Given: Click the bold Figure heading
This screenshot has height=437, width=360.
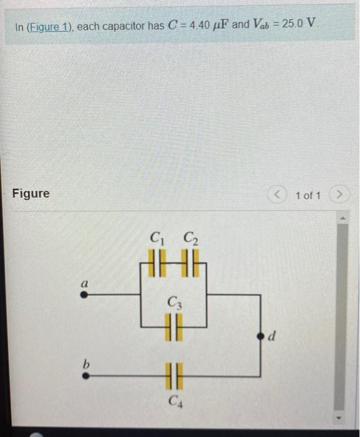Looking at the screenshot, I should click(31, 194).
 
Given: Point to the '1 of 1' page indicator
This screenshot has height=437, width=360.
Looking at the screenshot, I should click(308, 195).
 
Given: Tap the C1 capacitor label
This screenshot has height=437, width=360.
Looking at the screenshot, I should click(156, 238).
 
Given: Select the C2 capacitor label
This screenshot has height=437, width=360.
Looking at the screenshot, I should click(189, 238).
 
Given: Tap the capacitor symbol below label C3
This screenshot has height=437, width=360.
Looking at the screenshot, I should click(173, 327).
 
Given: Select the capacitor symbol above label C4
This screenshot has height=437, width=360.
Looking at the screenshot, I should click(173, 377).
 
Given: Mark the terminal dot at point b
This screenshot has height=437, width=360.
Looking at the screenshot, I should click(85, 376).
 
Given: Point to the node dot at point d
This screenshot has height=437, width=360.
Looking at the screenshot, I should click(261, 336).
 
